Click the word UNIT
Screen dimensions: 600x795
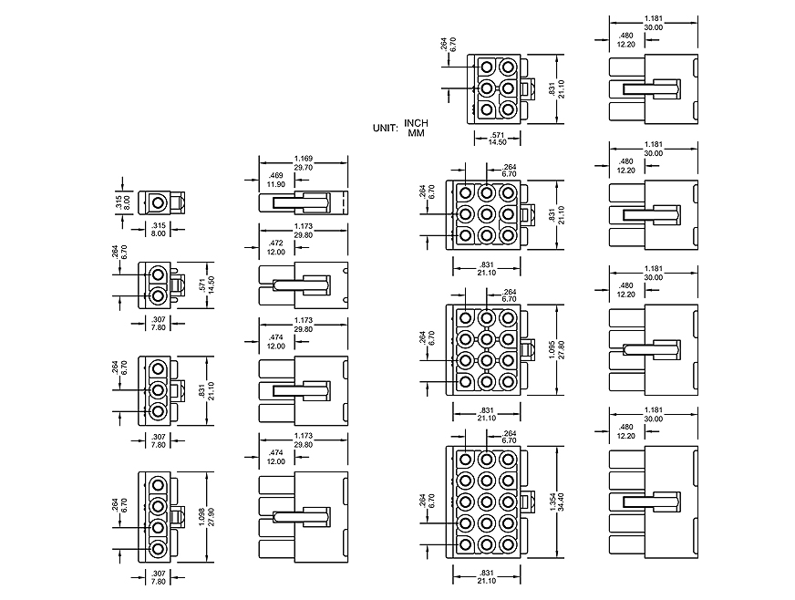[384, 129]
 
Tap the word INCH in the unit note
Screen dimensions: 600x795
[417, 123]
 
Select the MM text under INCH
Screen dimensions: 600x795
[417, 133]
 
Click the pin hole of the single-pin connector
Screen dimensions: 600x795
[159, 202]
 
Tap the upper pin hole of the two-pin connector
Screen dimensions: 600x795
[159, 274]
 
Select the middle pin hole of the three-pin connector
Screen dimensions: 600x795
[159, 390]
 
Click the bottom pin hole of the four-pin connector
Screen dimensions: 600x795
[159, 550]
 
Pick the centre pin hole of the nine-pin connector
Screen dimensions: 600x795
[486, 214]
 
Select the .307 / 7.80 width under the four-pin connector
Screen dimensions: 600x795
[159, 578]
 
